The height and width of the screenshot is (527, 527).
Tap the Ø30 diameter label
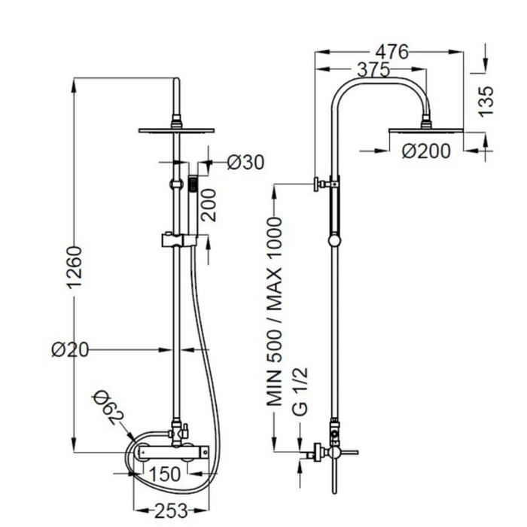[x=245, y=162]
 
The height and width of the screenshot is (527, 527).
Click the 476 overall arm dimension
[x=391, y=52]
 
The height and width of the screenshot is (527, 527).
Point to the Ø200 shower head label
[x=426, y=151]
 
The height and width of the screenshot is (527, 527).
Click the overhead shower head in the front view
[x=176, y=129]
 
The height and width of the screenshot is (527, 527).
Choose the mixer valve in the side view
[x=331, y=452]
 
